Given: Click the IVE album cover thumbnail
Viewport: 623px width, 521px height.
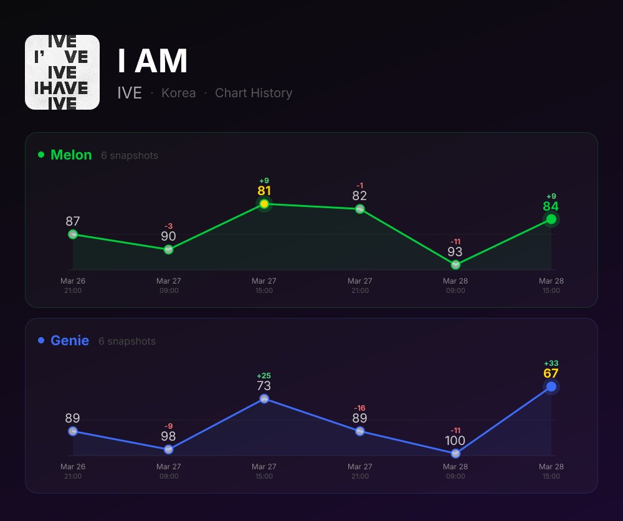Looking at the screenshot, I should tap(62, 72).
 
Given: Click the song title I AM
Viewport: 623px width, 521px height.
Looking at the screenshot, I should tap(153, 61).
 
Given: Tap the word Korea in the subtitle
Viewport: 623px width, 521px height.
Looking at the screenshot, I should tap(178, 93).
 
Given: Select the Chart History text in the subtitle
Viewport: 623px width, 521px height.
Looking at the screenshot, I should tap(254, 93).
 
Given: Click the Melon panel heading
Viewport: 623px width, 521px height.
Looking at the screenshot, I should tap(71, 155).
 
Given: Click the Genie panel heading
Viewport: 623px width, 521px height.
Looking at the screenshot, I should tap(69, 341).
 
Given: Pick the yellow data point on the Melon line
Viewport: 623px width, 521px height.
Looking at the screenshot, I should tap(264, 204).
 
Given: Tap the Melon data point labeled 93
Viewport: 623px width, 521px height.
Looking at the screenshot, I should tap(455, 264).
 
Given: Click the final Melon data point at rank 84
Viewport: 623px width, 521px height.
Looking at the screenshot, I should tap(551, 219).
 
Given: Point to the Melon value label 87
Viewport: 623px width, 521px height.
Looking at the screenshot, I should tap(73, 221).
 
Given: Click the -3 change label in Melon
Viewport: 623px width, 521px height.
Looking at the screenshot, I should tap(168, 226).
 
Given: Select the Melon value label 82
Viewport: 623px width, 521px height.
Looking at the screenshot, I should tap(359, 196).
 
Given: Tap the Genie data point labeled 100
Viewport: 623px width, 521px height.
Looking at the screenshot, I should tap(455, 454).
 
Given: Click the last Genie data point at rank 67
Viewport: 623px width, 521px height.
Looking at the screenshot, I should tap(551, 387).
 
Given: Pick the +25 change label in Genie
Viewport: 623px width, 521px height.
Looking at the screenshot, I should tap(264, 376).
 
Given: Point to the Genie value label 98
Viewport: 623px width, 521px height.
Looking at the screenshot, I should tap(168, 436).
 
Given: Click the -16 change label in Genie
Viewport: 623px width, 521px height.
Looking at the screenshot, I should tap(359, 408).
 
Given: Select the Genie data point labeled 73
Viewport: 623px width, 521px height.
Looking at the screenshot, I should tap(264, 399).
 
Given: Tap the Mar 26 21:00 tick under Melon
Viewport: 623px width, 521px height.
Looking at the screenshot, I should tap(73, 285).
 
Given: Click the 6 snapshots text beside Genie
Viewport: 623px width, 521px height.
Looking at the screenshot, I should tap(127, 342).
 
